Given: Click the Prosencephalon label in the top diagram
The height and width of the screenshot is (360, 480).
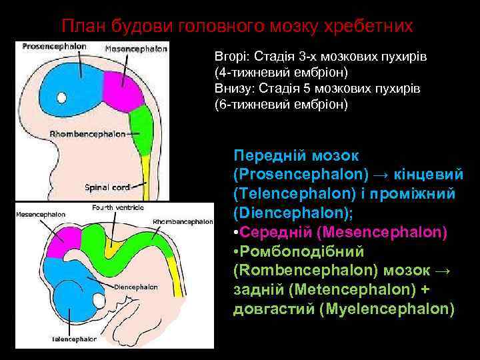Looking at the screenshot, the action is pyautogui.click(x=55, y=47).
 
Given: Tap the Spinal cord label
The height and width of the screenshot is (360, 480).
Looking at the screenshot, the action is pyautogui.click(x=106, y=187).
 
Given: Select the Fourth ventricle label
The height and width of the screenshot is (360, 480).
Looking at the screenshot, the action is pyautogui.click(x=118, y=208).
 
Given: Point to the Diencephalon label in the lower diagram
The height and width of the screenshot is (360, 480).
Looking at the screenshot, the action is pyautogui.click(x=136, y=287).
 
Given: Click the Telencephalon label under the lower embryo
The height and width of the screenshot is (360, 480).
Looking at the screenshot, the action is pyautogui.click(x=74, y=339).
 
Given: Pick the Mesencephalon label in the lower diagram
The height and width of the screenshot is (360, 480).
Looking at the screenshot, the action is pyautogui.click(x=41, y=215).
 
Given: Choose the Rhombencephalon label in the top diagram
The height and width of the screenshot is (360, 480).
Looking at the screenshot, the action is pyautogui.click(x=87, y=134).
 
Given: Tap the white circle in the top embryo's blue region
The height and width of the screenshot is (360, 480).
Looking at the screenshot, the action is pyautogui.click(x=62, y=98).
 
